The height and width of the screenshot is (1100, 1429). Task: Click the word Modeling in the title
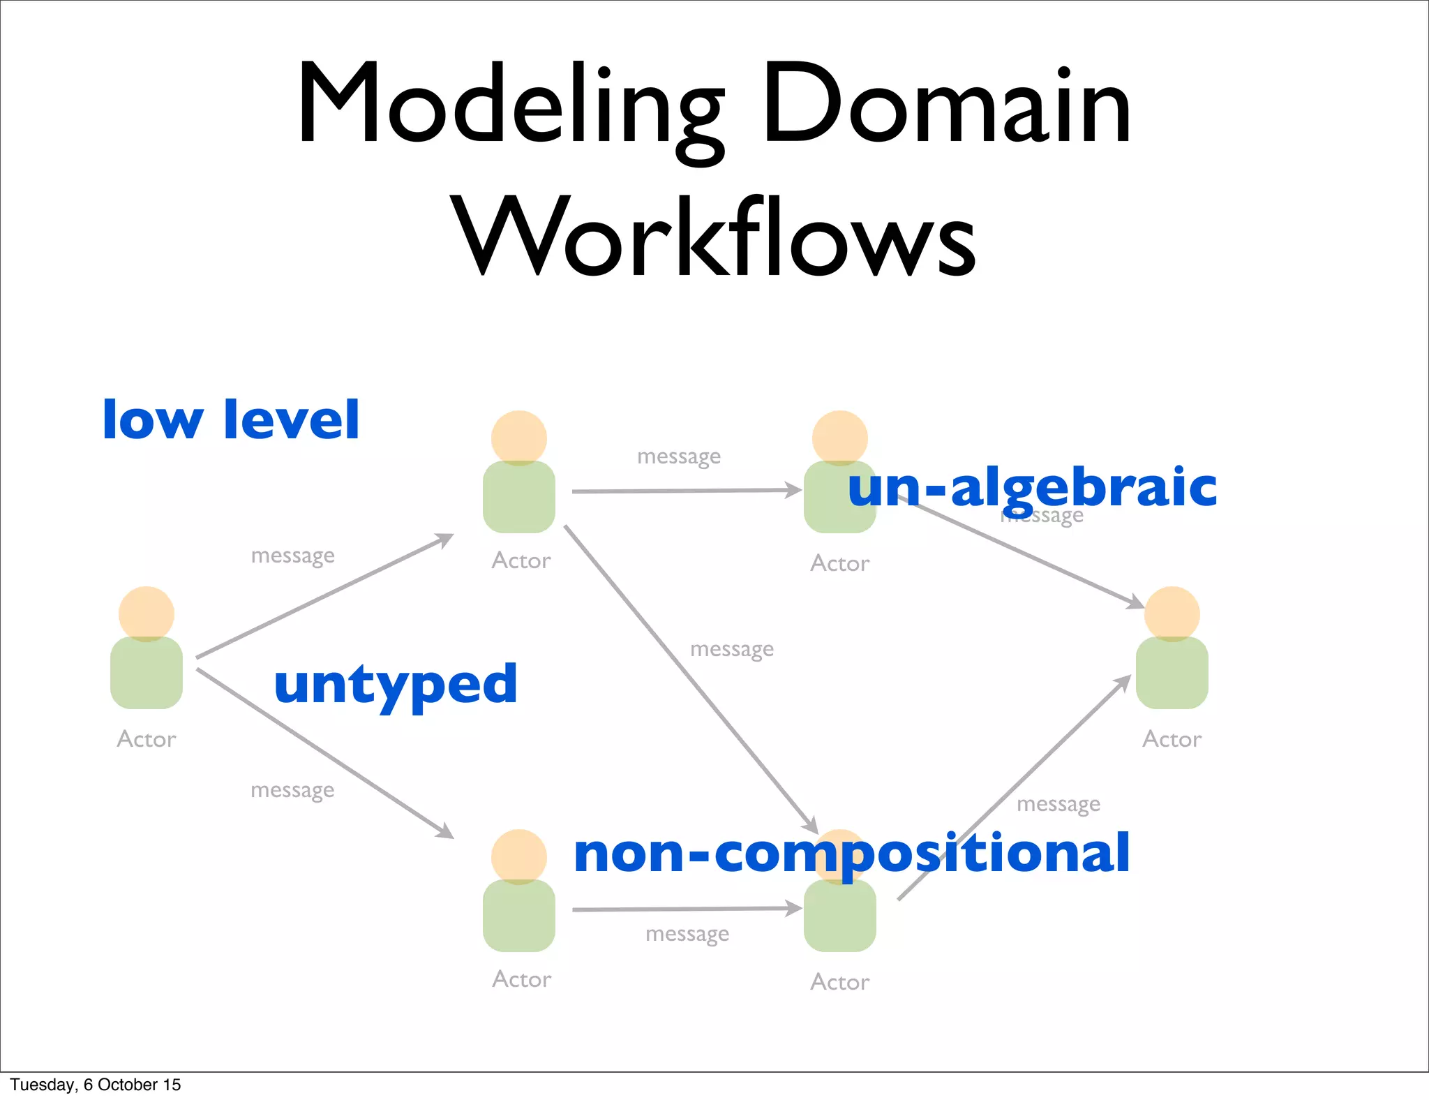(509, 105)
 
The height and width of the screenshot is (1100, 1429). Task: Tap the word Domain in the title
(946, 105)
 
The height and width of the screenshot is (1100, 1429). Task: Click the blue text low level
(231, 419)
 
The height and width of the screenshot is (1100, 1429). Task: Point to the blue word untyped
(396, 685)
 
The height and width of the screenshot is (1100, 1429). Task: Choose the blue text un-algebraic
(1032, 487)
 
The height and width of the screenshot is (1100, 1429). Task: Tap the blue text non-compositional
(851, 853)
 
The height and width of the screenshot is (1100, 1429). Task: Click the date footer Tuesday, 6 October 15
(96, 1085)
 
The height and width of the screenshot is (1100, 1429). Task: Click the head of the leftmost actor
(147, 613)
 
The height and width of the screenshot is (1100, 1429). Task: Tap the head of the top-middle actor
(519, 438)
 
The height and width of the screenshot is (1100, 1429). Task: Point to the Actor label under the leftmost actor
(147, 739)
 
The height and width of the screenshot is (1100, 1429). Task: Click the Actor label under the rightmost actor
(1172, 739)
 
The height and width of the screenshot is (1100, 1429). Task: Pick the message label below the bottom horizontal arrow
(687, 934)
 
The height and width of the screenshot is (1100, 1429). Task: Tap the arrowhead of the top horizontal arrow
(794, 490)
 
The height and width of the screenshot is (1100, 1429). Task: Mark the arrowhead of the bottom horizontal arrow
(794, 908)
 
